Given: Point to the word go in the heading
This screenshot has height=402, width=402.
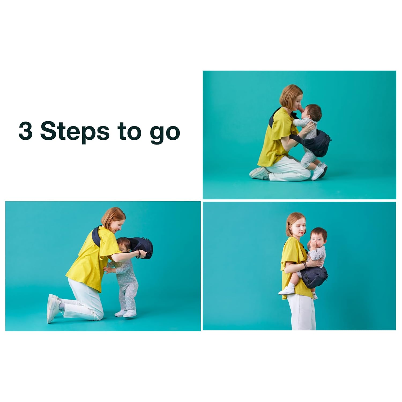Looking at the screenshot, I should [x=165, y=133].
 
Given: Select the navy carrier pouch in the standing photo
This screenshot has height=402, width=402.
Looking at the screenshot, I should [x=314, y=278].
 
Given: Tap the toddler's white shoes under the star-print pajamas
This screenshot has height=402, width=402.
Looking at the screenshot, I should [x=126, y=313].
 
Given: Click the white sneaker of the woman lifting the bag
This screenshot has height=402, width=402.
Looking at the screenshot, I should [x=53, y=308].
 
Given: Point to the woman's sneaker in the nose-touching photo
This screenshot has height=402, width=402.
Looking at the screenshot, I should [x=259, y=174].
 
